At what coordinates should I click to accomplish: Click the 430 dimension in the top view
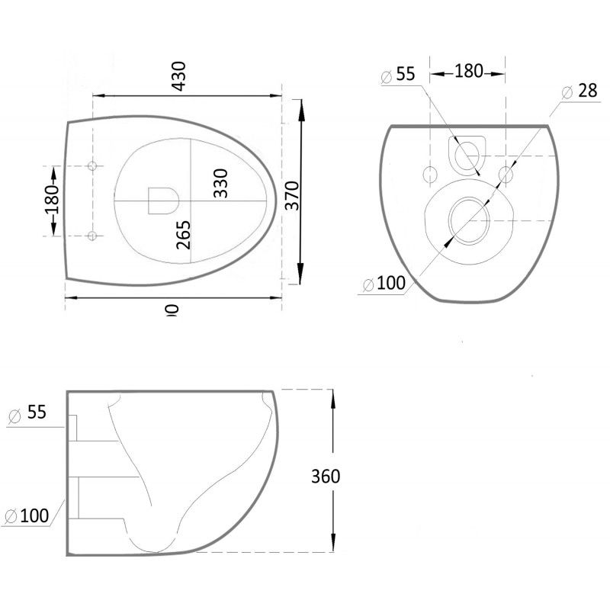(x=179, y=75)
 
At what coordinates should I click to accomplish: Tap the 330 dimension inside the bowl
(x=220, y=183)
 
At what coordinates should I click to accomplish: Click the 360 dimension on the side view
(x=326, y=477)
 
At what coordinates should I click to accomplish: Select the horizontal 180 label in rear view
(x=468, y=72)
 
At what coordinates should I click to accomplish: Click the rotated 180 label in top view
(x=51, y=200)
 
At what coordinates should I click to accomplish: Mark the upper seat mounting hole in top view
(x=92, y=166)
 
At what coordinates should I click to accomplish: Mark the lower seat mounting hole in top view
(x=92, y=236)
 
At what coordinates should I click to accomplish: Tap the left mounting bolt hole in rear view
(x=429, y=174)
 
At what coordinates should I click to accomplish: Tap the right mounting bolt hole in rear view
(x=506, y=174)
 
